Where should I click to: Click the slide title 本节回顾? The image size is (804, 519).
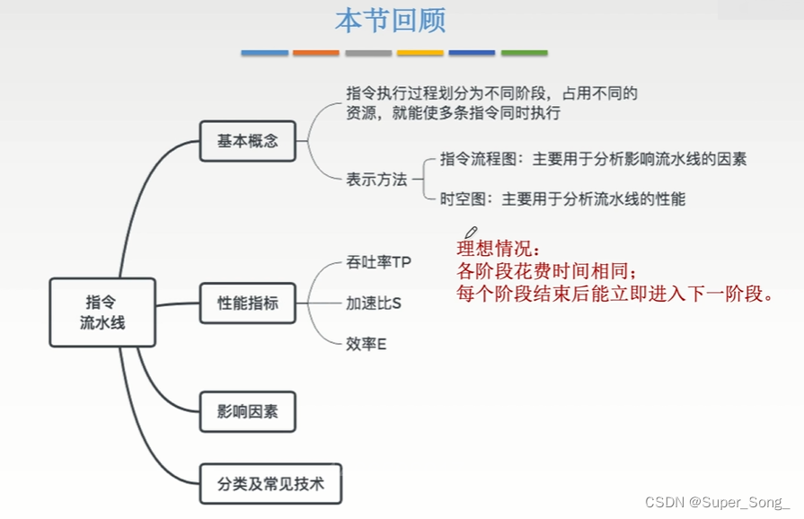click(390, 22)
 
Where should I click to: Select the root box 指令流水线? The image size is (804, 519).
click(102, 312)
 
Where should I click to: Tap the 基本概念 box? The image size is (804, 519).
click(247, 141)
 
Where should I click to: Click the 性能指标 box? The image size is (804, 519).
click(248, 303)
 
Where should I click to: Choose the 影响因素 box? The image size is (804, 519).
click(247, 412)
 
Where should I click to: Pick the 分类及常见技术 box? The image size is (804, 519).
click(270, 486)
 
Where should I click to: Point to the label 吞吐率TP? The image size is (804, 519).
click(378, 263)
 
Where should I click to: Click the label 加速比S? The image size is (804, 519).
click(374, 303)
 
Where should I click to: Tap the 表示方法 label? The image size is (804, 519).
click(376, 179)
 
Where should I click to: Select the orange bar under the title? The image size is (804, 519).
click(316, 53)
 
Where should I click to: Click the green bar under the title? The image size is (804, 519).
click(524, 53)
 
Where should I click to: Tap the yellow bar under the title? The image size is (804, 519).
click(420, 53)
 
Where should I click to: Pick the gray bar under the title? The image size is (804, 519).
click(368, 53)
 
